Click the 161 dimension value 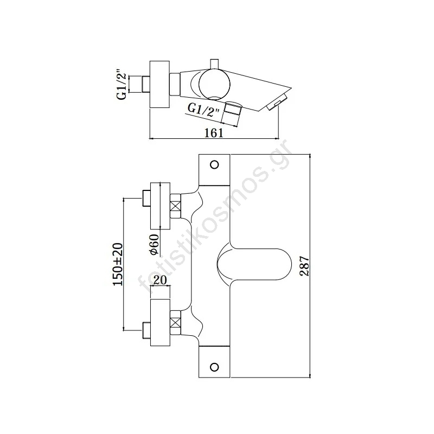pyautogui.click(x=214, y=133)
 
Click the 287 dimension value pyautogui.click(x=304, y=266)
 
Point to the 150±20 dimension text pyautogui.click(x=118, y=264)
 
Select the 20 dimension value pyautogui.click(x=159, y=280)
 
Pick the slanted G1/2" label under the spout pyautogui.click(x=203, y=110)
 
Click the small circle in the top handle pyautogui.click(x=214, y=165)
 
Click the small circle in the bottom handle pyautogui.click(x=214, y=367)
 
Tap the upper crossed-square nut pyautogui.click(x=175, y=206)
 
